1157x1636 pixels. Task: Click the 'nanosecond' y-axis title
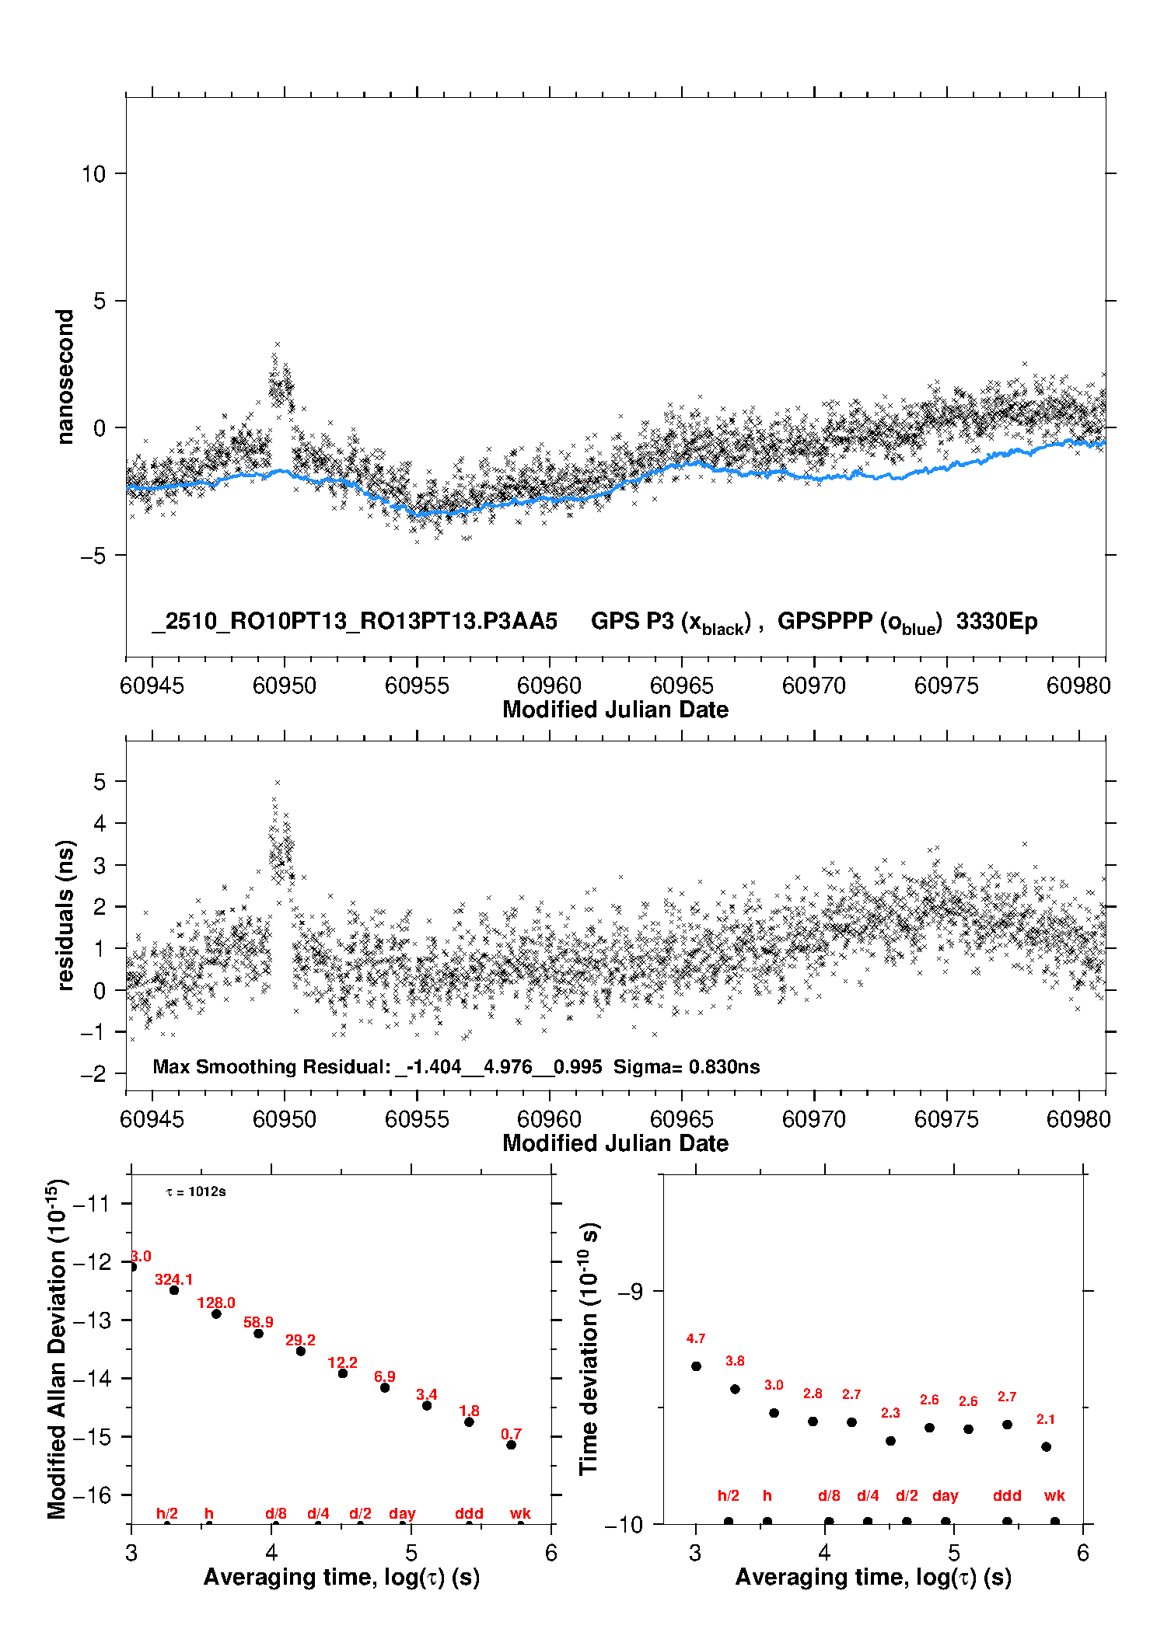[x=65, y=376]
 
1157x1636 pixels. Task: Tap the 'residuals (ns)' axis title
[x=65, y=915]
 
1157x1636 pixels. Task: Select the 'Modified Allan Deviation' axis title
[x=57, y=1349]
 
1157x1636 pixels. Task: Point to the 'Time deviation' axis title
[x=589, y=1348]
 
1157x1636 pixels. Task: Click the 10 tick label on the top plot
[x=93, y=174]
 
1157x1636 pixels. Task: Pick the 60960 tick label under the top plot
[x=549, y=685]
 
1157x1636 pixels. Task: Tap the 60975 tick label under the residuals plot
[x=946, y=1119]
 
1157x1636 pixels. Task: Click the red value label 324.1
[x=173, y=1279]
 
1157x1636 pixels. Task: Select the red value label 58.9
[x=258, y=1322]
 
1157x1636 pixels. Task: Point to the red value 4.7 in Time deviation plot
[x=696, y=1338]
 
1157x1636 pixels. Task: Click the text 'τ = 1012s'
[x=196, y=1192]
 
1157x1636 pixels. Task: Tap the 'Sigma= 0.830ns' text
[x=687, y=1066]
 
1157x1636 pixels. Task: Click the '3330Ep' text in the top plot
[x=997, y=622]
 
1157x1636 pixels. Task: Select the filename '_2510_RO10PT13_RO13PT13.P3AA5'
[x=355, y=622]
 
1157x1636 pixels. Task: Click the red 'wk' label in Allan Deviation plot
[x=520, y=1513]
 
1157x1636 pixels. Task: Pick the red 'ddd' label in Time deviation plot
[x=1007, y=1495]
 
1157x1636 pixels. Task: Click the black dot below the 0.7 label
[x=511, y=1445]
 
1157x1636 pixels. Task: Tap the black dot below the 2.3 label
[x=890, y=1441]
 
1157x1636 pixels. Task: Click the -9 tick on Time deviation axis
[x=631, y=1292]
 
